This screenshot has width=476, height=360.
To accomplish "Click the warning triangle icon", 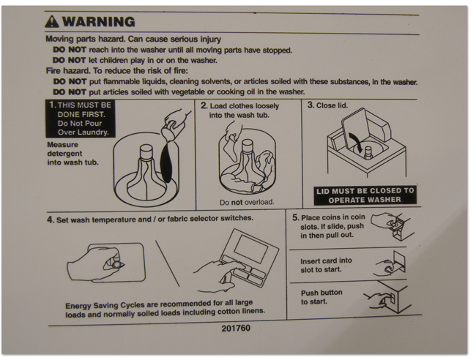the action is [x=52, y=22].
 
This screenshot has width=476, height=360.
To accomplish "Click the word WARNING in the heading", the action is [x=99, y=21].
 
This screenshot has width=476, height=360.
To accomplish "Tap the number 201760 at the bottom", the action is [x=236, y=328].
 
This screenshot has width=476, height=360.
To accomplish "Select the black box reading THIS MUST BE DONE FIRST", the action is [x=81, y=119].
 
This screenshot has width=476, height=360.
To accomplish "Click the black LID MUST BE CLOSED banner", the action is [x=365, y=195].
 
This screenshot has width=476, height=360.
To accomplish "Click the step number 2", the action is [x=204, y=105].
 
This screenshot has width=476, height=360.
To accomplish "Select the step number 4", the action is [x=51, y=220].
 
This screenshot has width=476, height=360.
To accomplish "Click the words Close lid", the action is [x=332, y=105].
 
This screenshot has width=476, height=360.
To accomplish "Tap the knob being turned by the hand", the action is [x=116, y=264].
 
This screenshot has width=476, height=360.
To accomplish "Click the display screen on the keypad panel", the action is [x=250, y=249].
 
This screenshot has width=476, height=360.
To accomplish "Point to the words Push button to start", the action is [x=321, y=297].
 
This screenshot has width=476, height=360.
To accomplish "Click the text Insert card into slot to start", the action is [x=326, y=265].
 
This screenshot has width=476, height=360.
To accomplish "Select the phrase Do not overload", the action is [x=247, y=202].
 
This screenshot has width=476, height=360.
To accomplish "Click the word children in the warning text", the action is [x=114, y=60].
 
